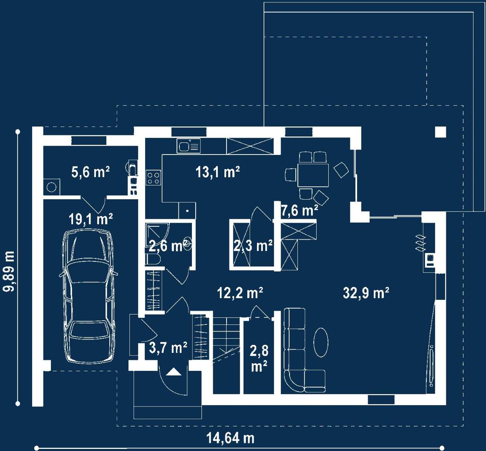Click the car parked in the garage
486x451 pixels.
coord(88,296)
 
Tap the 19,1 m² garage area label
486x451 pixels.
coord(91,219)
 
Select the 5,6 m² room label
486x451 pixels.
coord(91,172)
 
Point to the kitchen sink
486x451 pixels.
coord(189,146)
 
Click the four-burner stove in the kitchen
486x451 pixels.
coord(153,178)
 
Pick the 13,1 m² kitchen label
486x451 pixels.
coord(218,172)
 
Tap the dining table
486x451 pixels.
coord(313,175)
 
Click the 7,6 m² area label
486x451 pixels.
coord(300,210)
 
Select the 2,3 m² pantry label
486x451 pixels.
coord(253,246)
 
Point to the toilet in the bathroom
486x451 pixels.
coord(152,259)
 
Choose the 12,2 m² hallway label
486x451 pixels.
coord(240,292)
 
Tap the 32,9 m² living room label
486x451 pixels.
coord(366,292)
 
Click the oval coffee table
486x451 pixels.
coord(321,342)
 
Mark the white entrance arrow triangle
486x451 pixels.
coord(174,372)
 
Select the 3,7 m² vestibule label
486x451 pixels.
coord(168,347)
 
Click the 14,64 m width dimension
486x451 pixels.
coord(230,438)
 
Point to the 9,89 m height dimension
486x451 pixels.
coord(9,271)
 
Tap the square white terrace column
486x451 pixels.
coord(441,132)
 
